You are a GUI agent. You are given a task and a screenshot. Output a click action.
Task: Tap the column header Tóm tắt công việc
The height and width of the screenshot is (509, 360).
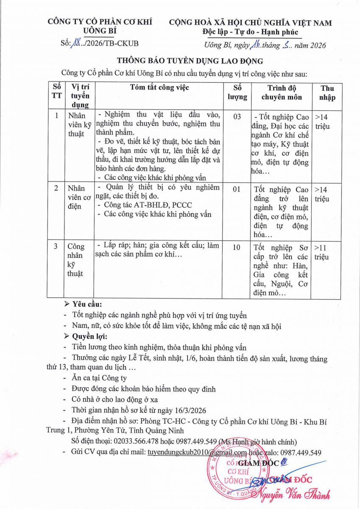coord(159,88)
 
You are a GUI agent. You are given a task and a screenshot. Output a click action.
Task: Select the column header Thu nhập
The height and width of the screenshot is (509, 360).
coord(327,92)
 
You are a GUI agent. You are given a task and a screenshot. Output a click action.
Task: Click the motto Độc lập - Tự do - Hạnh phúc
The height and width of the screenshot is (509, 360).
coord(250,32)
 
